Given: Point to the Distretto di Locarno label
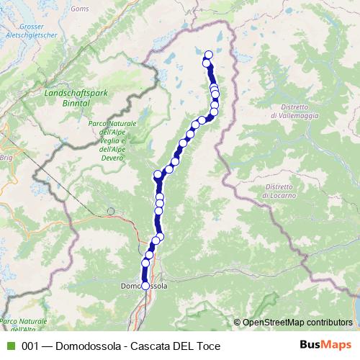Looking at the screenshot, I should (x=274, y=191).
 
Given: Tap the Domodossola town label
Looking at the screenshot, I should (x=144, y=286).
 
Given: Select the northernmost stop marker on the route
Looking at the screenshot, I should (x=209, y=55).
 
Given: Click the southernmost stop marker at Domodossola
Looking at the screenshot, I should (x=145, y=286).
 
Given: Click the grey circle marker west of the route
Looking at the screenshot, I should (x=110, y=212).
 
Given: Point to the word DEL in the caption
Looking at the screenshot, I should (x=183, y=346).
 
